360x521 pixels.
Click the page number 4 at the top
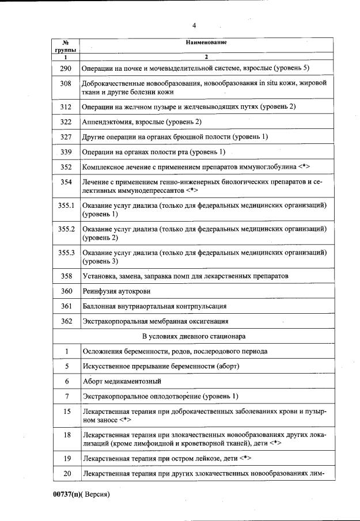pyautogui.click(x=194, y=25)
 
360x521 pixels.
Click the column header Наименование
pyautogui.click(x=206, y=43)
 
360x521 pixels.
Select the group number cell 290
pyautogui.click(x=67, y=69)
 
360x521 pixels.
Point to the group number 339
pyautogui.click(x=67, y=152)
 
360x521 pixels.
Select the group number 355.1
pyautogui.click(x=67, y=206)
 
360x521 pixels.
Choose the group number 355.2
pyautogui.click(x=67, y=229)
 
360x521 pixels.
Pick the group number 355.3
pyautogui.click(x=67, y=253)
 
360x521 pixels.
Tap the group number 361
pyautogui.click(x=67, y=306)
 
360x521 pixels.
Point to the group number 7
pyautogui.click(x=67, y=396)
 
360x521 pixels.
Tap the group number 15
pyautogui.click(x=67, y=413)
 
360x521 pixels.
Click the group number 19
pyautogui.click(x=67, y=458)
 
